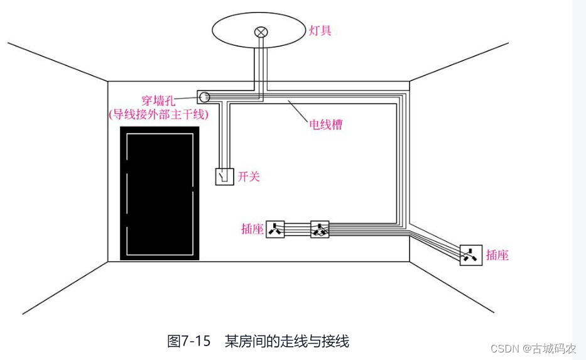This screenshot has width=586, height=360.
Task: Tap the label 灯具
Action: (320, 30)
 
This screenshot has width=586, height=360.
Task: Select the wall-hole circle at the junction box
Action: (204, 97)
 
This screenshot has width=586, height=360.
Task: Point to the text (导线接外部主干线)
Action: (159, 115)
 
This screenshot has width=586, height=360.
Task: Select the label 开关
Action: (249, 177)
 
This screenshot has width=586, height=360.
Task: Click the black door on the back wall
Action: (160, 193)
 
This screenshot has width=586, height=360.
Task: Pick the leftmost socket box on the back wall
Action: (276, 229)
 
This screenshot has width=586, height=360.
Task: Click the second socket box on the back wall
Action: (320, 229)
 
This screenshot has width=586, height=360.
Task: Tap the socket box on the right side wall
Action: (470, 255)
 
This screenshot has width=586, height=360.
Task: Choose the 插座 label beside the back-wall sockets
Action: (252, 229)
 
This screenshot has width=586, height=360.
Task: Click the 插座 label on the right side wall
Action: (497, 255)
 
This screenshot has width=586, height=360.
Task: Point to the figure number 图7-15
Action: (188, 341)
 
